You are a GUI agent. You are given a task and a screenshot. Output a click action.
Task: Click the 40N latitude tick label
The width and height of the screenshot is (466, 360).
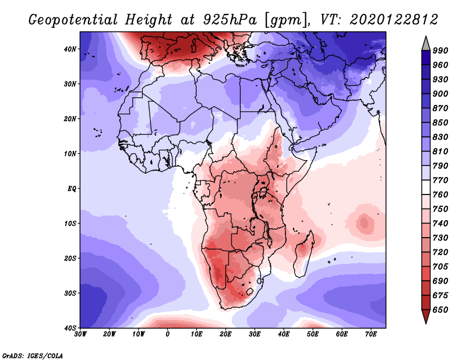click(70, 49)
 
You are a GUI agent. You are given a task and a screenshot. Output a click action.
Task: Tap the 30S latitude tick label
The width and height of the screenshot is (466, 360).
click(70, 293)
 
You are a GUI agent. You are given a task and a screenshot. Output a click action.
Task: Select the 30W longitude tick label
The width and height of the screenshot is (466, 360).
click(80, 334)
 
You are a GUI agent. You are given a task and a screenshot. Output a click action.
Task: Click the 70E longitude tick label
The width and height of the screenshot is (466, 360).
click(371, 334)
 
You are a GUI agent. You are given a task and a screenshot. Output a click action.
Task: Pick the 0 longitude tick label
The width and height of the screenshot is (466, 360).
click(168, 334)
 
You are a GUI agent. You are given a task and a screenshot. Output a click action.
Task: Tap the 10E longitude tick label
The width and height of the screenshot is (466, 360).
click(197, 334)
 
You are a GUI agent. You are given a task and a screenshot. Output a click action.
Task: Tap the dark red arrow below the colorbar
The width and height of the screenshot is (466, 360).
click(426, 317)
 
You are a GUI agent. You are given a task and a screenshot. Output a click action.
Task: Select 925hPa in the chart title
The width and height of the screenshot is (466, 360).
click(224, 20)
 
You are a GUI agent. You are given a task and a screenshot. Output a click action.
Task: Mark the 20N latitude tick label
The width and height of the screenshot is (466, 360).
click(70, 119)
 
